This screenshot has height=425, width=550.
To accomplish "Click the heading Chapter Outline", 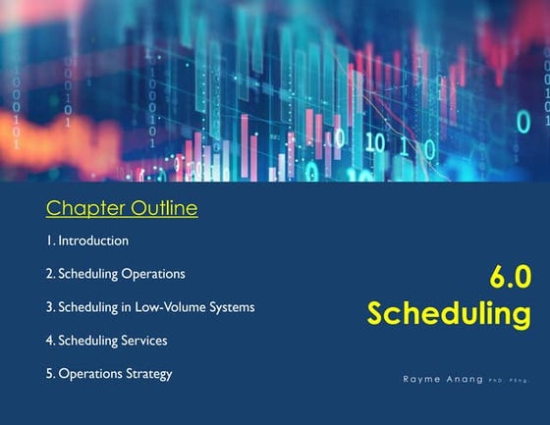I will [x=122, y=208].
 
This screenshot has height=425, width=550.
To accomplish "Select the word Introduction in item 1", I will [x=93, y=240].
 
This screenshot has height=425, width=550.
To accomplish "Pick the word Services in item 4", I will [x=143, y=341].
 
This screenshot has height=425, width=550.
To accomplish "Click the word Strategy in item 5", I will [x=149, y=374].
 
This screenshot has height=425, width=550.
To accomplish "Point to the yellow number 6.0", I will [x=510, y=278].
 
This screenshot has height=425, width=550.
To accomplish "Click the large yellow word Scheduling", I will [x=449, y=314].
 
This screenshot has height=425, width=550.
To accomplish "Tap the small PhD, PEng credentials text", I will [x=508, y=379].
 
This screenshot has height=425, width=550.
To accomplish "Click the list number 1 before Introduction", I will [x=49, y=240].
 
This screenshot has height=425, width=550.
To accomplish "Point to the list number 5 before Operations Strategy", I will [x=50, y=374].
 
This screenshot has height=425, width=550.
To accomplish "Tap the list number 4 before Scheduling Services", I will [x=50, y=341].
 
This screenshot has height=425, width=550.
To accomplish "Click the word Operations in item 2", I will [x=153, y=274].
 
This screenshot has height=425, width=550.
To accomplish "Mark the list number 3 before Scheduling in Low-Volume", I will [x=50, y=307].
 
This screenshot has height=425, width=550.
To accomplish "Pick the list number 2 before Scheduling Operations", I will [x=50, y=274].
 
